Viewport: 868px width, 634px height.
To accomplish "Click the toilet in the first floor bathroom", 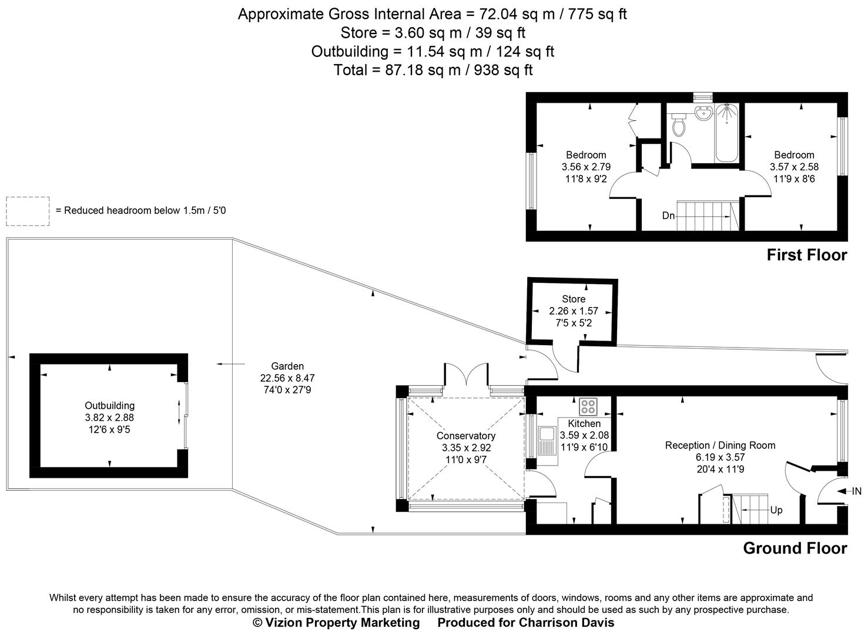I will [679, 124].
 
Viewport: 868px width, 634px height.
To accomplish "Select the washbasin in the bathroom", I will [702, 113].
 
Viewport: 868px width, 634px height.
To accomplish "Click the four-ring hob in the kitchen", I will [588, 406].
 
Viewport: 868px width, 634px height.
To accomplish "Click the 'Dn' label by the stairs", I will [668, 215].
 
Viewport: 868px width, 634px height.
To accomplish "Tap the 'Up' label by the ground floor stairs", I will [776, 510].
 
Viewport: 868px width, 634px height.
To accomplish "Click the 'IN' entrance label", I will [856, 491].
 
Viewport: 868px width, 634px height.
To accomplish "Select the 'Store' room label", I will [573, 299].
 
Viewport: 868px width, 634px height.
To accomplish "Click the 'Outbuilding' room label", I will [109, 405].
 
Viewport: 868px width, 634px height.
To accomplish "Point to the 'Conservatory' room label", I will [465, 436].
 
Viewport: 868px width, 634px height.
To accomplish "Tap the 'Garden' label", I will [287, 366].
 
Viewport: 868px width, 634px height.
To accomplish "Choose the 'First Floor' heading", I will [806, 255].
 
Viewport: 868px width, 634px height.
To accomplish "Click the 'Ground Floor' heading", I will [795, 548].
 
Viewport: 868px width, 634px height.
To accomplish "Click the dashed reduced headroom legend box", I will [28, 211].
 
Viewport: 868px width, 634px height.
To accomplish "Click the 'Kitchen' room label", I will [584, 423].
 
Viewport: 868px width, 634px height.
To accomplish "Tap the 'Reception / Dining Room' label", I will [720, 445].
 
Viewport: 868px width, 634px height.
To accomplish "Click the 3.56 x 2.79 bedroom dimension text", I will [586, 167].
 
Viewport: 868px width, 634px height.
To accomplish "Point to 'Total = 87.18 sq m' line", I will [433, 70].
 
